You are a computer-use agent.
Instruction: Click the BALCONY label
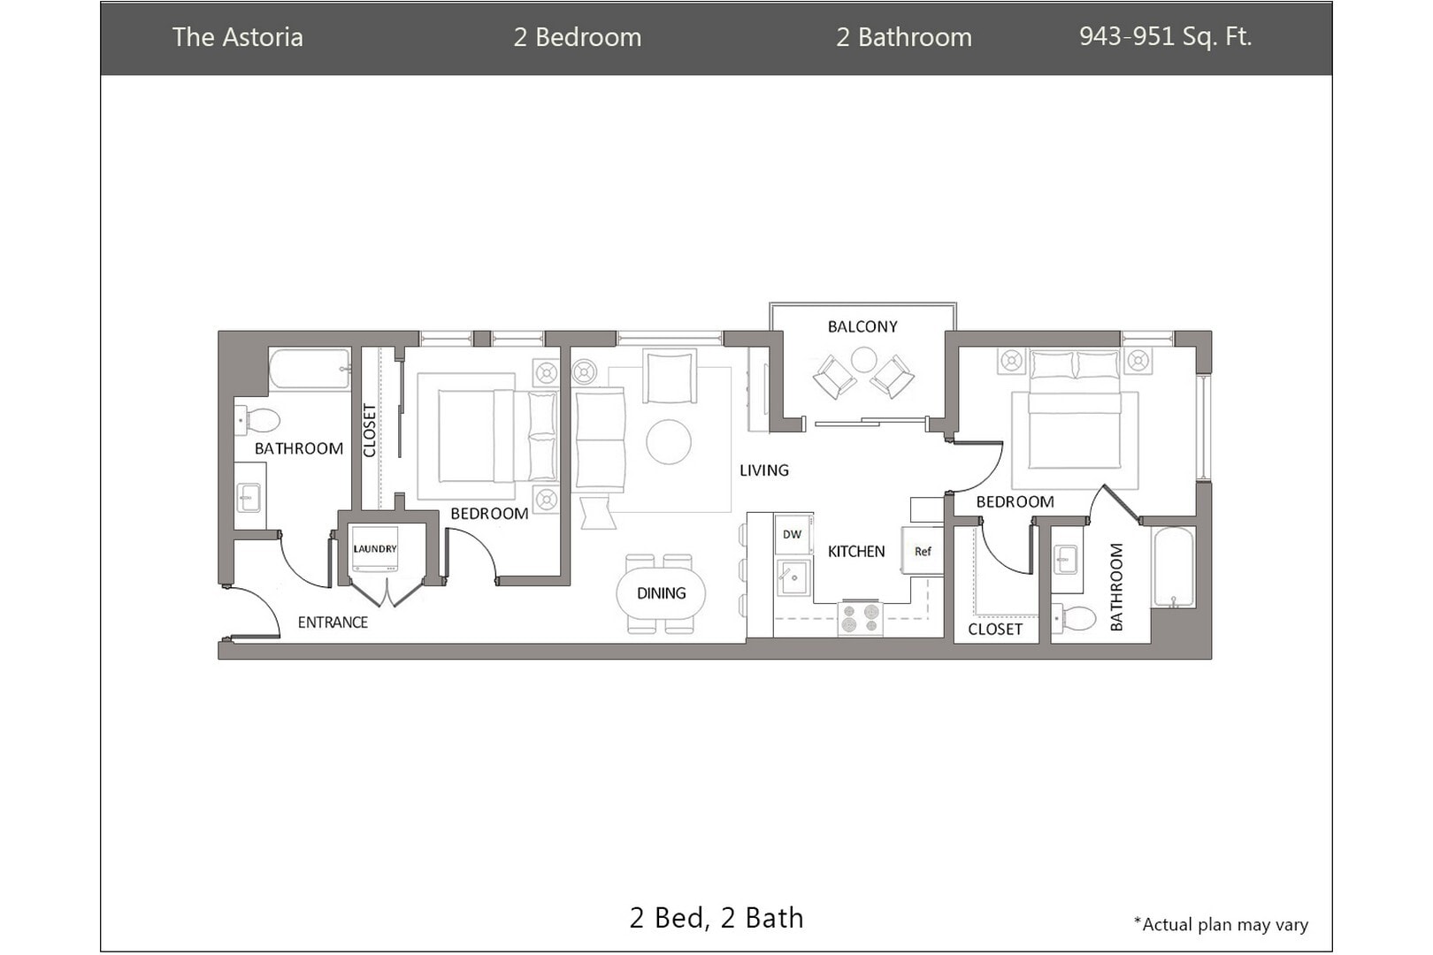[x=862, y=327]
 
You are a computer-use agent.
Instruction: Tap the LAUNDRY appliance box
[x=375, y=549]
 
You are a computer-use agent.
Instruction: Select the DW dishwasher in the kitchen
[x=793, y=533]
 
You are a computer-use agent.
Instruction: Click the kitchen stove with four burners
[x=861, y=619]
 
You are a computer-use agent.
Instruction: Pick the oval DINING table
[x=661, y=593]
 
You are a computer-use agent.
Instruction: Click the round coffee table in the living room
[x=669, y=441]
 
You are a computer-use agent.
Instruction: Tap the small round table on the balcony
[x=863, y=360]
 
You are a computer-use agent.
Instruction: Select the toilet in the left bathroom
[x=257, y=420]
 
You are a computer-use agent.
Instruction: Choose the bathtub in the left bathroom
[x=310, y=369]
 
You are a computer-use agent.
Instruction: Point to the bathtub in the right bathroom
[x=1173, y=567]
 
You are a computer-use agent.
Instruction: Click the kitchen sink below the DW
[x=793, y=577]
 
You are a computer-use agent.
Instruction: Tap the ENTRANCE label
[x=333, y=623]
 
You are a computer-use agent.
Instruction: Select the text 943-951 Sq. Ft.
[x=1165, y=36]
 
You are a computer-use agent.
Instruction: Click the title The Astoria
[x=237, y=37]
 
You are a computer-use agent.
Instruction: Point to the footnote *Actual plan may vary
[x=1221, y=924]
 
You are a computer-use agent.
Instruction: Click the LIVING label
[x=764, y=470]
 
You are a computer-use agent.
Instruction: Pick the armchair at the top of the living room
[x=669, y=376]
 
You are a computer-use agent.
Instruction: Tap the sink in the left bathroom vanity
[x=249, y=497]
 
